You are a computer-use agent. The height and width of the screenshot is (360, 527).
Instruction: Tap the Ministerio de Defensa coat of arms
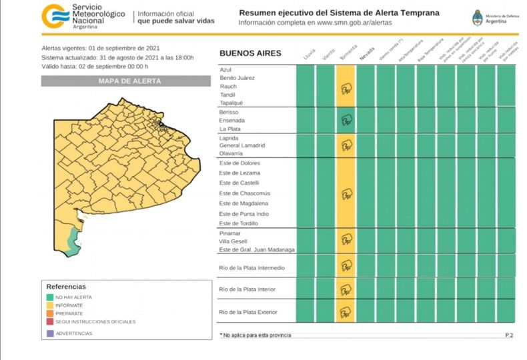tap(477, 17)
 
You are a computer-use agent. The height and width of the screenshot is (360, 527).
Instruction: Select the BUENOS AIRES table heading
tap(250, 53)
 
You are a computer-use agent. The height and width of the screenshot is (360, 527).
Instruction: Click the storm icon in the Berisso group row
tap(346, 121)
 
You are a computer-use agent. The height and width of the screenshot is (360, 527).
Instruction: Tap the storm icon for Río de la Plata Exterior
tap(346, 312)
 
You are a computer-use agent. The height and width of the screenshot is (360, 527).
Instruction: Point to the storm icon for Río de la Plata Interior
tap(346, 290)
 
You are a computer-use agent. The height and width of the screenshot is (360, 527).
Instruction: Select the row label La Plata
tap(229, 129)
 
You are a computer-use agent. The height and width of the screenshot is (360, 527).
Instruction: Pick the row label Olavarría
tap(231, 153)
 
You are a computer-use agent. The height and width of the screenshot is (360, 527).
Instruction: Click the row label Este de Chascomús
tap(244, 193)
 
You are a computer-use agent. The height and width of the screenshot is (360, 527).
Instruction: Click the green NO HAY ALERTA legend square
tap(49, 297)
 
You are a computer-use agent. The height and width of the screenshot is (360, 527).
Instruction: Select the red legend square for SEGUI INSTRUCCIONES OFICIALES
tap(49, 321)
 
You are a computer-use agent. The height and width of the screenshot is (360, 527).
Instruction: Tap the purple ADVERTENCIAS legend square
tap(49, 333)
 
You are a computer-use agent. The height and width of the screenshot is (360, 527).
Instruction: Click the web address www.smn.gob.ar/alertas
tap(354, 23)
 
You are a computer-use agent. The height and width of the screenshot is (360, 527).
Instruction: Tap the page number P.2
tap(508, 335)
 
